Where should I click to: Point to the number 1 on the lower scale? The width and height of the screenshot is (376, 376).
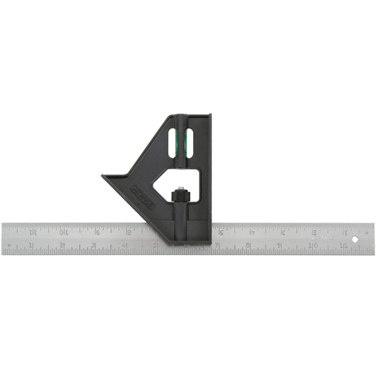pyautogui.click(x=32, y=245)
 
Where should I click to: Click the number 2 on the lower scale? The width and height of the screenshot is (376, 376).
pyautogui.click(x=62, y=245)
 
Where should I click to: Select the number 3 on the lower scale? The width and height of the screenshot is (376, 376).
pyautogui.click(x=93, y=245)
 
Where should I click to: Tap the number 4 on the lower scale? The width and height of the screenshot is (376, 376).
pyautogui.click(x=124, y=245)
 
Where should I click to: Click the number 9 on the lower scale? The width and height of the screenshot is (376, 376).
pyautogui.click(x=279, y=245)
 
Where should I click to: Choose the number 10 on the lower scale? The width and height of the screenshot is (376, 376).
pyautogui.click(x=310, y=245)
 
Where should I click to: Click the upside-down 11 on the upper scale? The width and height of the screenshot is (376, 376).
pyautogui.click(x=33, y=231)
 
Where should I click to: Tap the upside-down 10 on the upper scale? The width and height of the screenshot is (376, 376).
pyautogui.click(x=65, y=231)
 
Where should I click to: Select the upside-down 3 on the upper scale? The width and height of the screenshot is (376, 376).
pyautogui.click(x=281, y=231)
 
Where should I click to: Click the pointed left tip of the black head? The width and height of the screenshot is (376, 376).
pyautogui.click(x=103, y=178)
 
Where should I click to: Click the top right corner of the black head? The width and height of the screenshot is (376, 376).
pyautogui.click(x=212, y=116)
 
